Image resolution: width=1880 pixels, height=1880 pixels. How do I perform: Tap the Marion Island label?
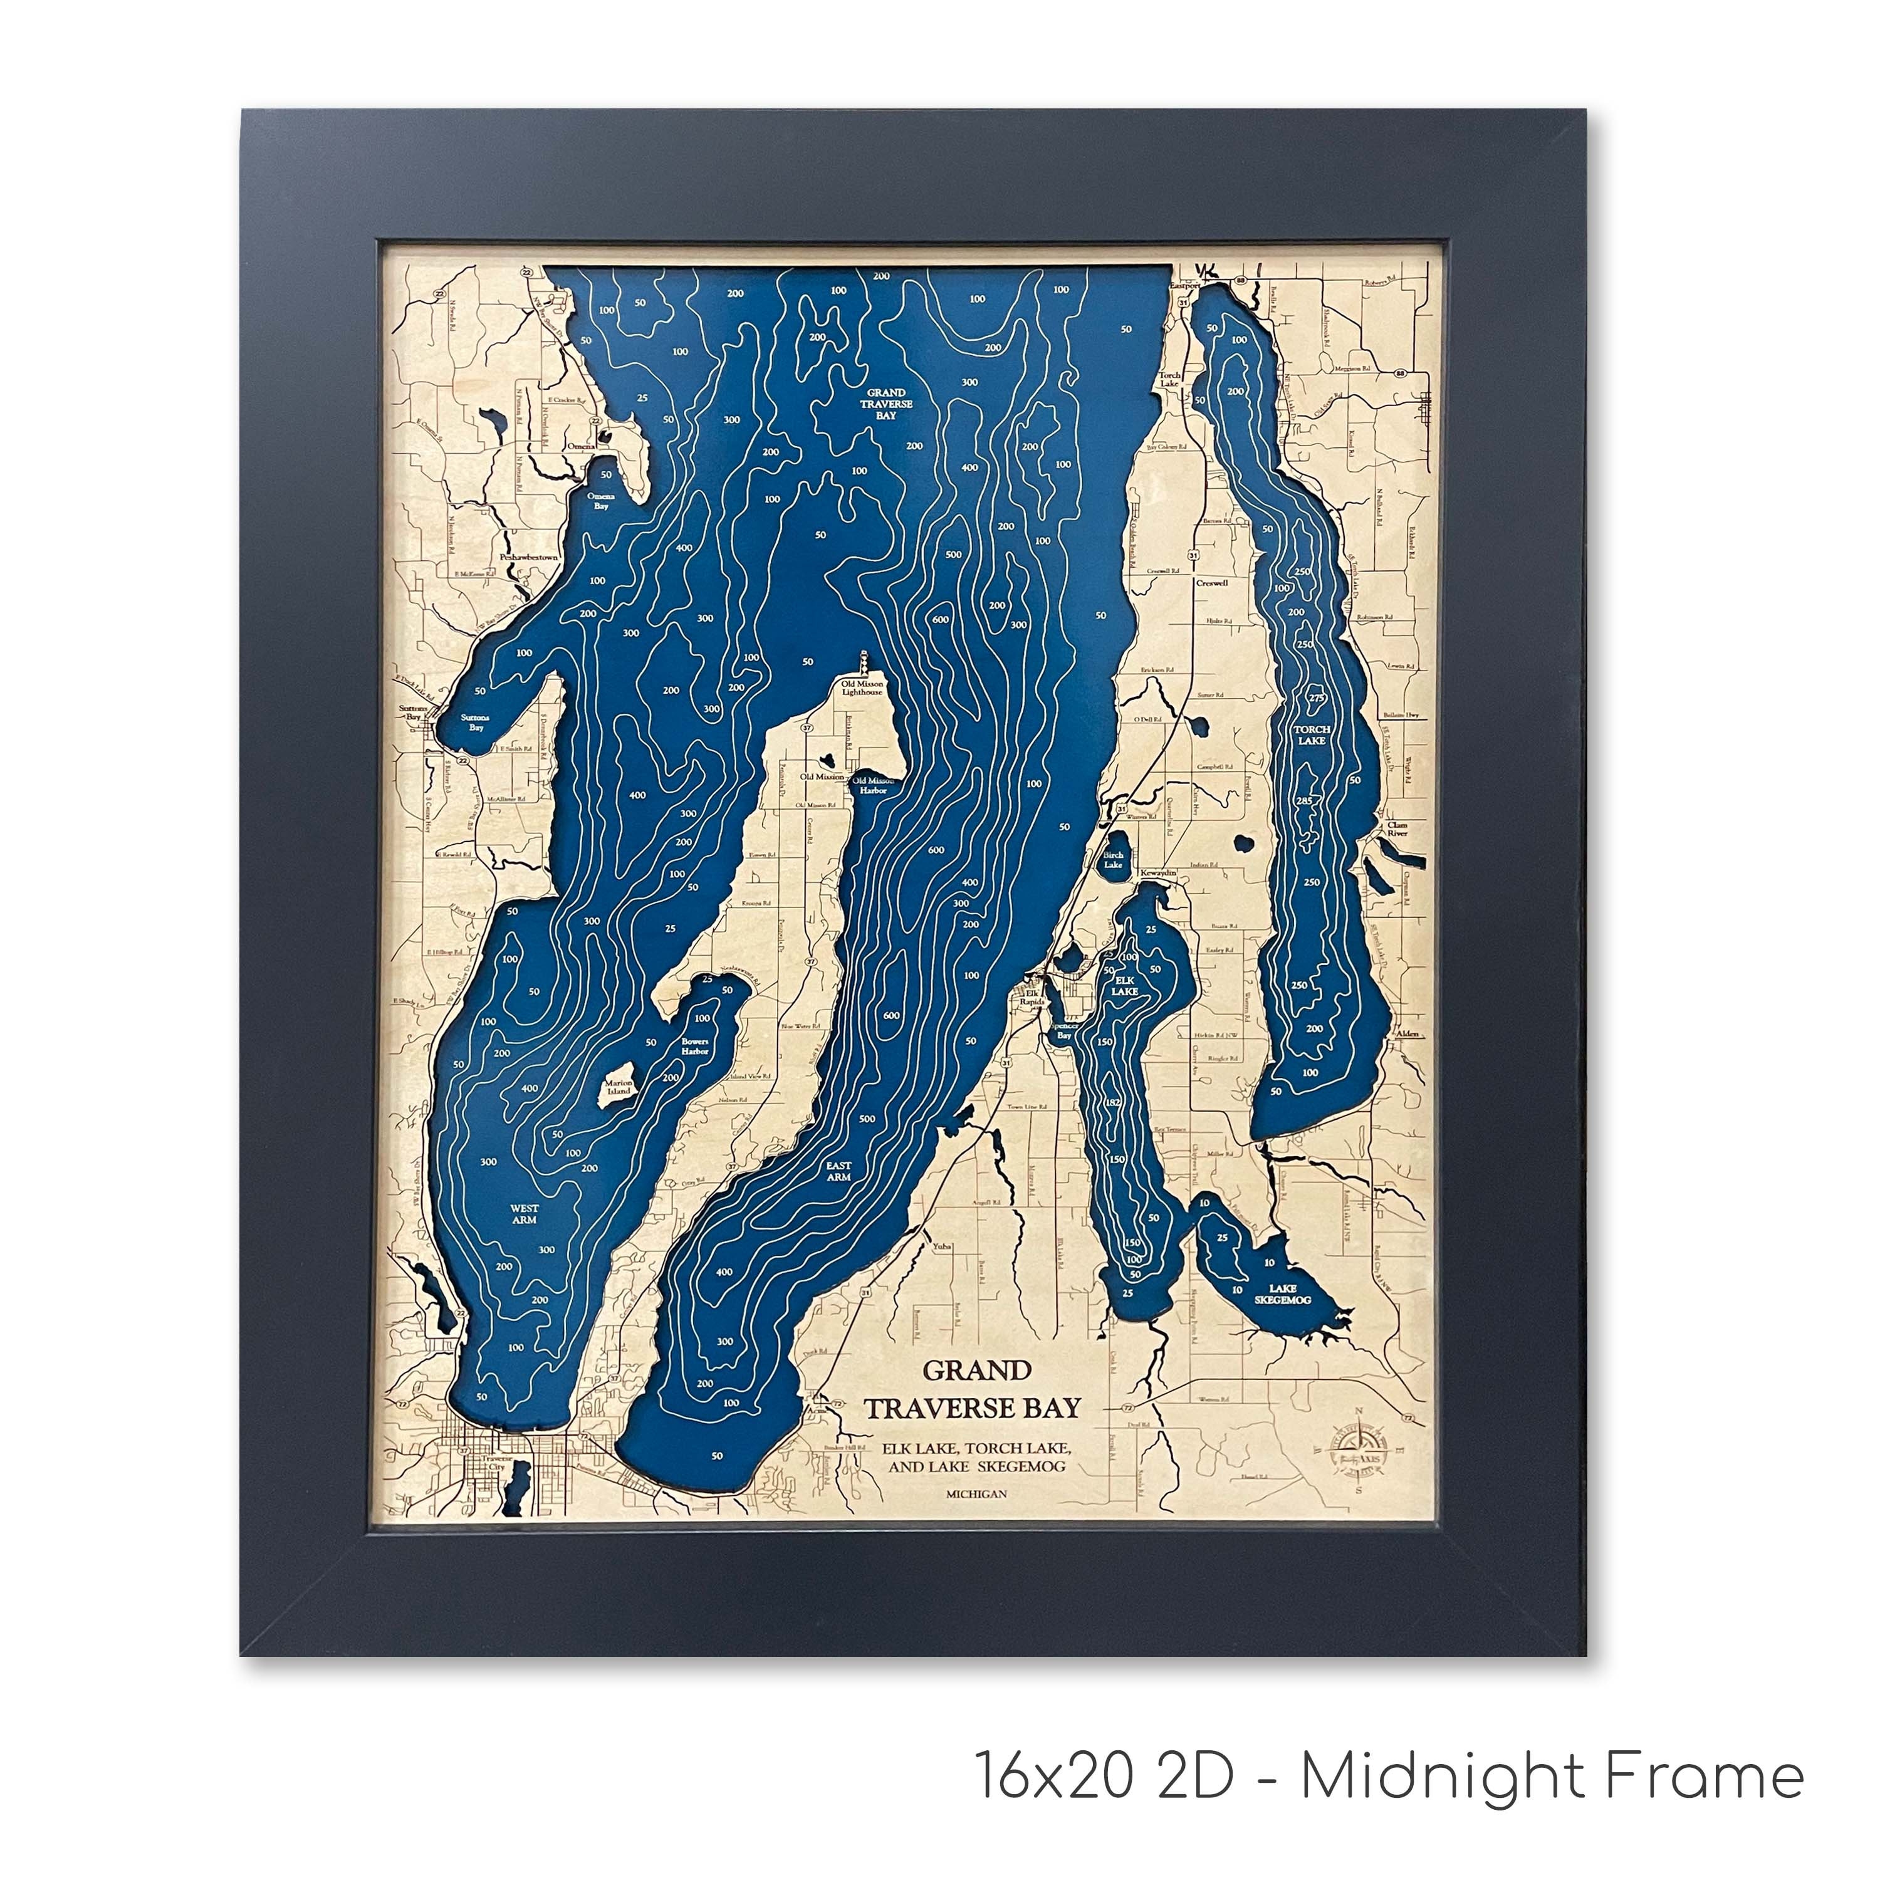pos(619,1087)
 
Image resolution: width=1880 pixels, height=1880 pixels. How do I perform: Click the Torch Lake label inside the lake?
pos(1311,734)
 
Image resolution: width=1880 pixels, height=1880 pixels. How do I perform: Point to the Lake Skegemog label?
pos(1283,1294)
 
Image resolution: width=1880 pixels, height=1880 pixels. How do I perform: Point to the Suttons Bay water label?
pos(476,722)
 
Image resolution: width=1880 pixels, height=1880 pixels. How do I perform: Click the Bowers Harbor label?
pos(695,1046)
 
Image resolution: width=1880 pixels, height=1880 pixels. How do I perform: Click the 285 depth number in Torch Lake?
pos(1305,801)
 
